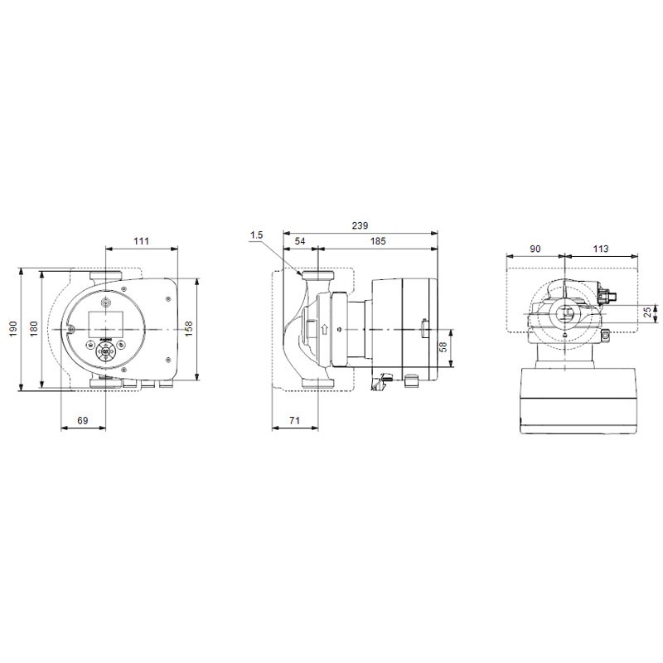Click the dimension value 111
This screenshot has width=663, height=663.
(141, 241)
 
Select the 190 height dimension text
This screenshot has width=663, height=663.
(13, 328)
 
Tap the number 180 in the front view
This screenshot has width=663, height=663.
(33, 328)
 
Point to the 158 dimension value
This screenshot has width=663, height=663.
(189, 328)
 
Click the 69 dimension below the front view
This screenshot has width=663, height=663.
(82, 420)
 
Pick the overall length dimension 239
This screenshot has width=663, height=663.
(360, 225)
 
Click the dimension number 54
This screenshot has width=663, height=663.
(300, 241)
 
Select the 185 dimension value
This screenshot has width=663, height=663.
(378, 241)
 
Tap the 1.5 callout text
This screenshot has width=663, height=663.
(256, 235)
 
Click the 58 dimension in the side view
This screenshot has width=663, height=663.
(443, 347)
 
